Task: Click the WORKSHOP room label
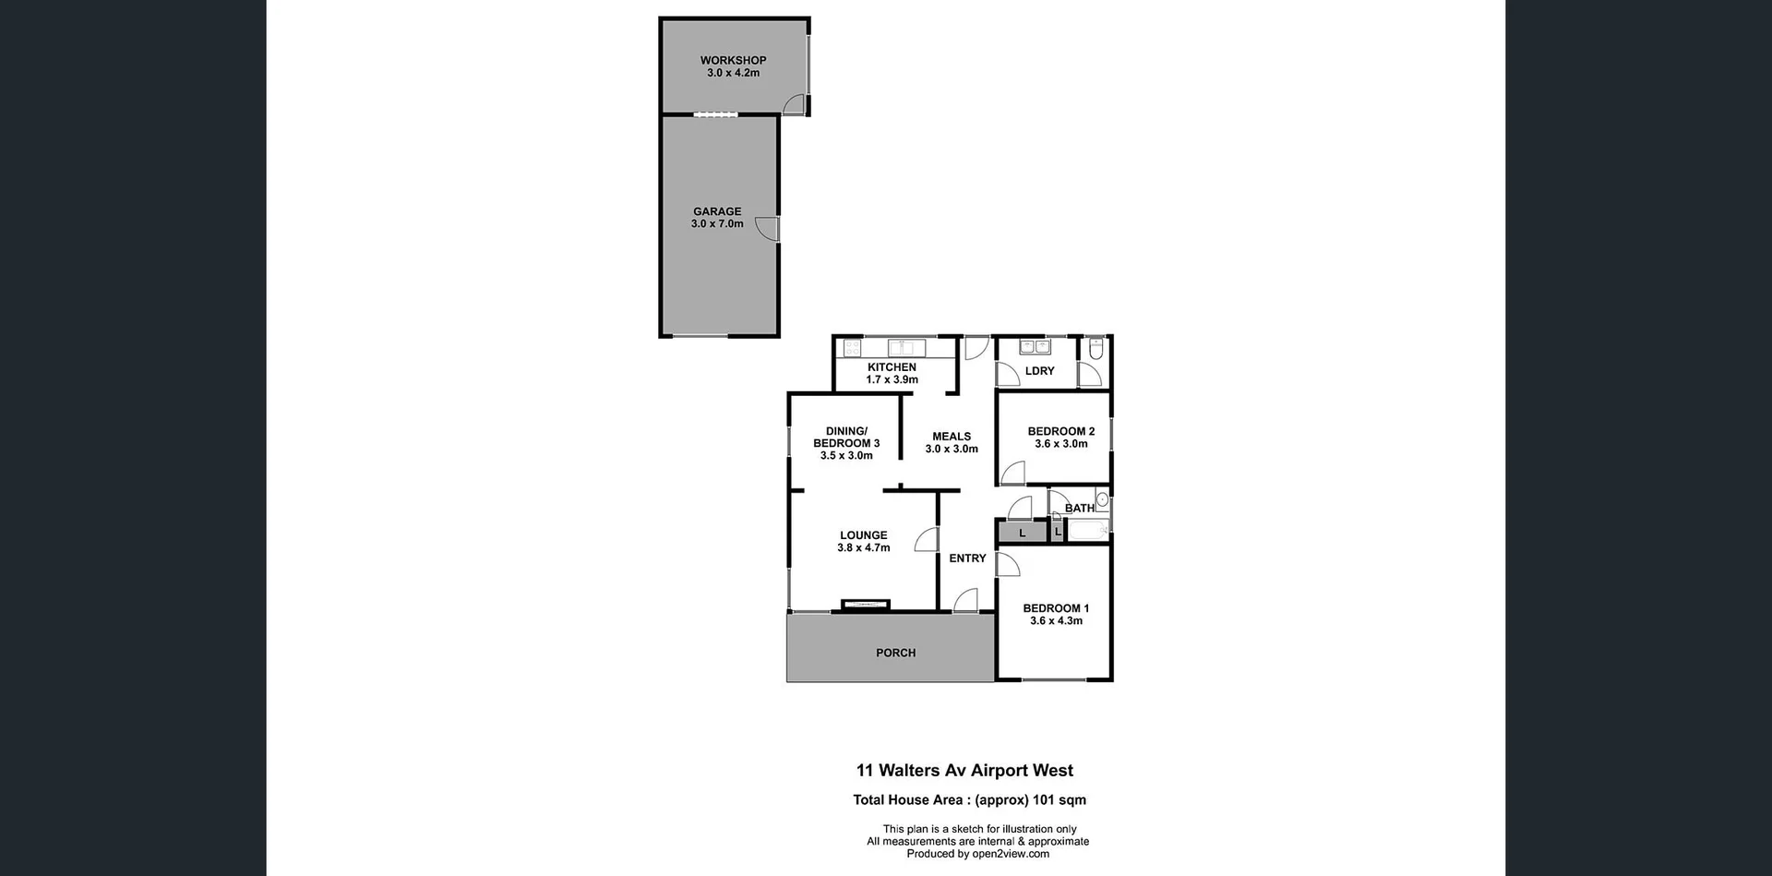(733, 60)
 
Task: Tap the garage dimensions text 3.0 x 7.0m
(717, 224)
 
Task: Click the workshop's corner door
(794, 104)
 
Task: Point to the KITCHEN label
(892, 367)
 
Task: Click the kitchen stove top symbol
(852, 348)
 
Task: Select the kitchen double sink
(906, 348)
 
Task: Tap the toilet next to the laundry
(1096, 349)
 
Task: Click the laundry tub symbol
(1034, 347)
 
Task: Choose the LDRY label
(1039, 371)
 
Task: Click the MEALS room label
(952, 437)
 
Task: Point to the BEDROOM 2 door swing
(1012, 474)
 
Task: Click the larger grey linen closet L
(1022, 533)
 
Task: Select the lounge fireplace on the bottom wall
(866, 605)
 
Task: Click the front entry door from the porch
(965, 601)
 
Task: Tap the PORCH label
(895, 653)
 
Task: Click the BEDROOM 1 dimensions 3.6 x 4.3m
(1056, 621)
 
